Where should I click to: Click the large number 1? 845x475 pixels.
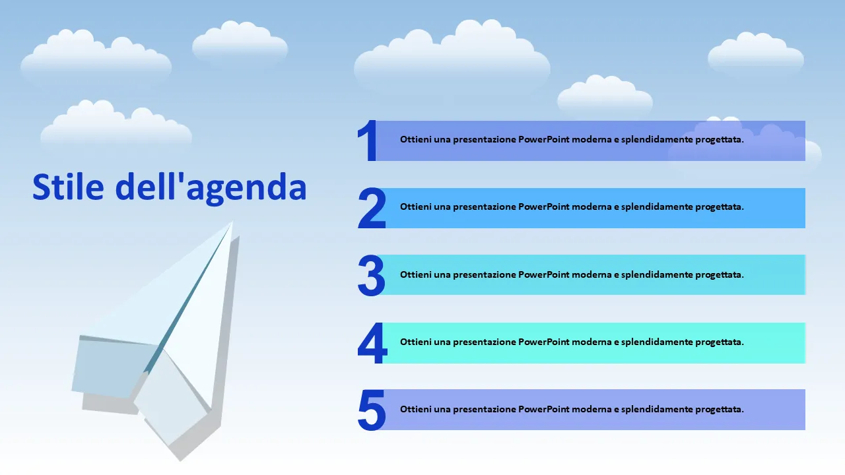[x=368, y=141]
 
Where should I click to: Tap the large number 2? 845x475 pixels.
[x=372, y=208]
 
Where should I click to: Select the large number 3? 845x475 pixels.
[x=372, y=275]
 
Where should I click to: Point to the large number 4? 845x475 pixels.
[x=372, y=342]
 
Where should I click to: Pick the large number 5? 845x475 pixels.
[x=372, y=410]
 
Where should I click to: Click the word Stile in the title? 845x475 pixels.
[x=68, y=187]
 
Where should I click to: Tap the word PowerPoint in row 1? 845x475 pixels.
[x=543, y=139]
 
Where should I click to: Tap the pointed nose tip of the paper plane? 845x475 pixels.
[x=232, y=222]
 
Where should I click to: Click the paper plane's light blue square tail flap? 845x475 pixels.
[x=113, y=367]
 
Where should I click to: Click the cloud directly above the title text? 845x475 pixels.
[x=116, y=125]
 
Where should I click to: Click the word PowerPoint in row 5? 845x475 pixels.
[x=543, y=410]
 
